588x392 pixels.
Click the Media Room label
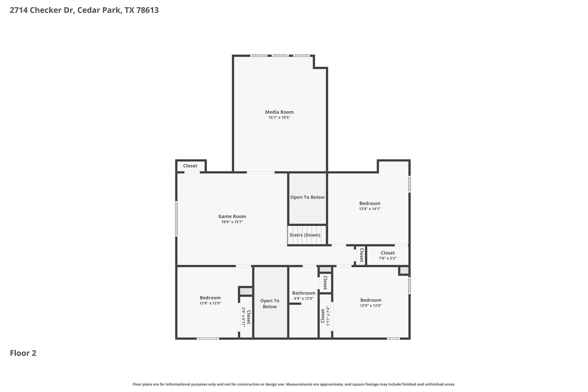pyautogui.click(x=279, y=112)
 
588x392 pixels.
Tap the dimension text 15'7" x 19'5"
pyautogui.click(x=279, y=117)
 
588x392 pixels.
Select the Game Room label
pyautogui.click(x=232, y=217)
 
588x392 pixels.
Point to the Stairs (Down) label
pyautogui.click(x=305, y=235)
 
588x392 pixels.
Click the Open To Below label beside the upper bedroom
pyautogui.click(x=307, y=197)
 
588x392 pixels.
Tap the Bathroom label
pyautogui.click(x=303, y=293)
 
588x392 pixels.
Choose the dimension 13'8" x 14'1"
pyautogui.click(x=370, y=209)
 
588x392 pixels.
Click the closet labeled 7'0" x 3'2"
pyautogui.click(x=388, y=255)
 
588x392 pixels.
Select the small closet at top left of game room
pyautogui.click(x=190, y=166)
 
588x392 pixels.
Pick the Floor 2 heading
pyautogui.click(x=23, y=353)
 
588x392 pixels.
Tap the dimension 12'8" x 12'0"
pyautogui.click(x=210, y=303)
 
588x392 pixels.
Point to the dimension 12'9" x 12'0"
pyautogui.click(x=371, y=306)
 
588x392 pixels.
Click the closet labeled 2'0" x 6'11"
pyautogui.click(x=246, y=317)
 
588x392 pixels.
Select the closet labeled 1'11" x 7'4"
pyautogui.click(x=325, y=316)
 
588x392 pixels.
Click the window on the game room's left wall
pyautogui.click(x=176, y=219)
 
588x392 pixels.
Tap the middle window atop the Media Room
pyautogui.click(x=280, y=56)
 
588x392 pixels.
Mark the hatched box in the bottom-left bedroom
pyautogui.click(x=246, y=291)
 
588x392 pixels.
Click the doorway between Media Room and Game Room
pyautogui.click(x=260, y=172)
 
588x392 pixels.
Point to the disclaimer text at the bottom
pyautogui.click(x=294, y=384)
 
